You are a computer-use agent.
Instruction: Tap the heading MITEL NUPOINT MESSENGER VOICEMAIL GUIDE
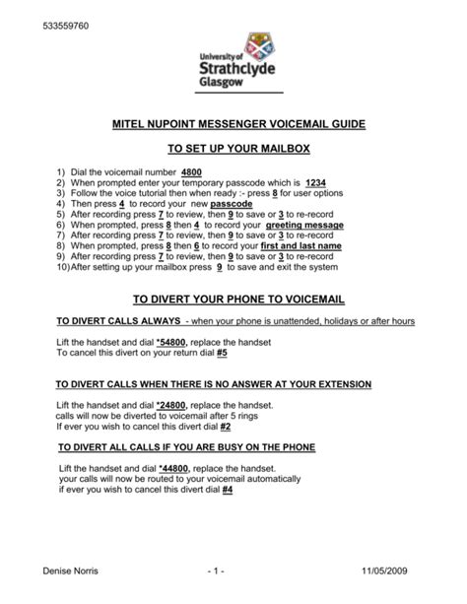(233, 125)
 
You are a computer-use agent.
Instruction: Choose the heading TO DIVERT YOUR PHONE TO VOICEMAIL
(233, 299)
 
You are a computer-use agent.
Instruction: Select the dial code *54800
(172, 342)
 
